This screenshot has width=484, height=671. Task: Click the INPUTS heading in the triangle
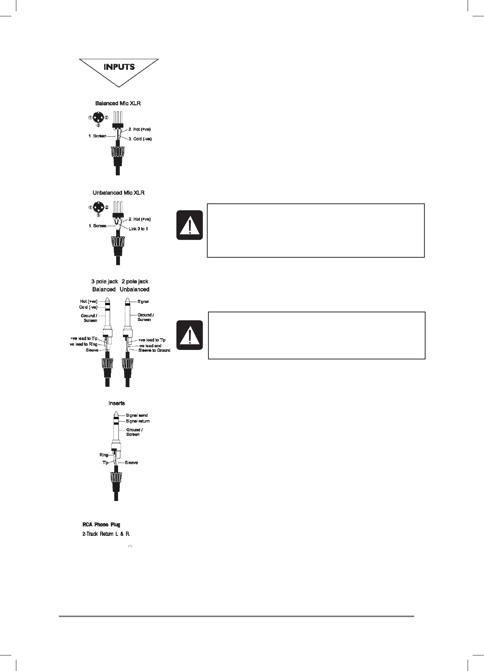tap(119, 67)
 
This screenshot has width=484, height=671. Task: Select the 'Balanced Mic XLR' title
tap(118, 103)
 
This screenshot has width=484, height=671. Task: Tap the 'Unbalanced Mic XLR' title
tap(118, 193)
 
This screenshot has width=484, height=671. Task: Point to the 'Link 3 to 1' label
tap(141, 229)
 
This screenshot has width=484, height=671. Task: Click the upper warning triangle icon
tap(189, 225)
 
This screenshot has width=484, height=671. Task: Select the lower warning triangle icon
tap(189, 335)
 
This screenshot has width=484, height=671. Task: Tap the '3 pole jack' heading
tap(104, 282)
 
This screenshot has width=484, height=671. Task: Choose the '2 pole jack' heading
tap(135, 282)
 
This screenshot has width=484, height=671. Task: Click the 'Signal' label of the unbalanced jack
tap(143, 301)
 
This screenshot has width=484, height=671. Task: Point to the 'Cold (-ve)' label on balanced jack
tap(88, 307)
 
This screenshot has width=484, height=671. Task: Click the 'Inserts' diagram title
tap(117, 403)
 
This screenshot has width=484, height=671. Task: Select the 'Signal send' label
tap(137, 416)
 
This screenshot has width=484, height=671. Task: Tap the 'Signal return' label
tap(138, 421)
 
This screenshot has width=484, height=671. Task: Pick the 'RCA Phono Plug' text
tap(101, 525)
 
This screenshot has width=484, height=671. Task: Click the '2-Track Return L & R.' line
tap(106, 534)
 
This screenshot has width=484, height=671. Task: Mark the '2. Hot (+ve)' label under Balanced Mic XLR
tap(140, 129)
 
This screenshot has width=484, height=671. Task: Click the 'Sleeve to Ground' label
tap(154, 350)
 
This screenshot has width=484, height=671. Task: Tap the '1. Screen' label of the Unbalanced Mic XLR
tap(97, 226)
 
